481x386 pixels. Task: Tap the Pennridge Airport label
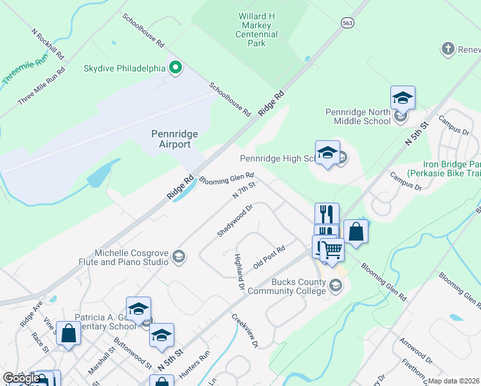coord(174,139)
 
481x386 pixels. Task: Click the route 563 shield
coord(348,22)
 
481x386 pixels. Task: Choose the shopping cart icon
coord(332,250)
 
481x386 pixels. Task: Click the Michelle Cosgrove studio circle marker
coord(179,257)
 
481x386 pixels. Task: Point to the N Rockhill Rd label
coord(48,44)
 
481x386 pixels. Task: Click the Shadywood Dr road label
coord(235,221)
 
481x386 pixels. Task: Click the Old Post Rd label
coord(269,257)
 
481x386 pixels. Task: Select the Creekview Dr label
coord(245,331)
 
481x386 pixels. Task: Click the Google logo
coord(21,378)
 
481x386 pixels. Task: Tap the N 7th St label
coord(244,190)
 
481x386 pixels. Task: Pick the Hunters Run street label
coord(196,363)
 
